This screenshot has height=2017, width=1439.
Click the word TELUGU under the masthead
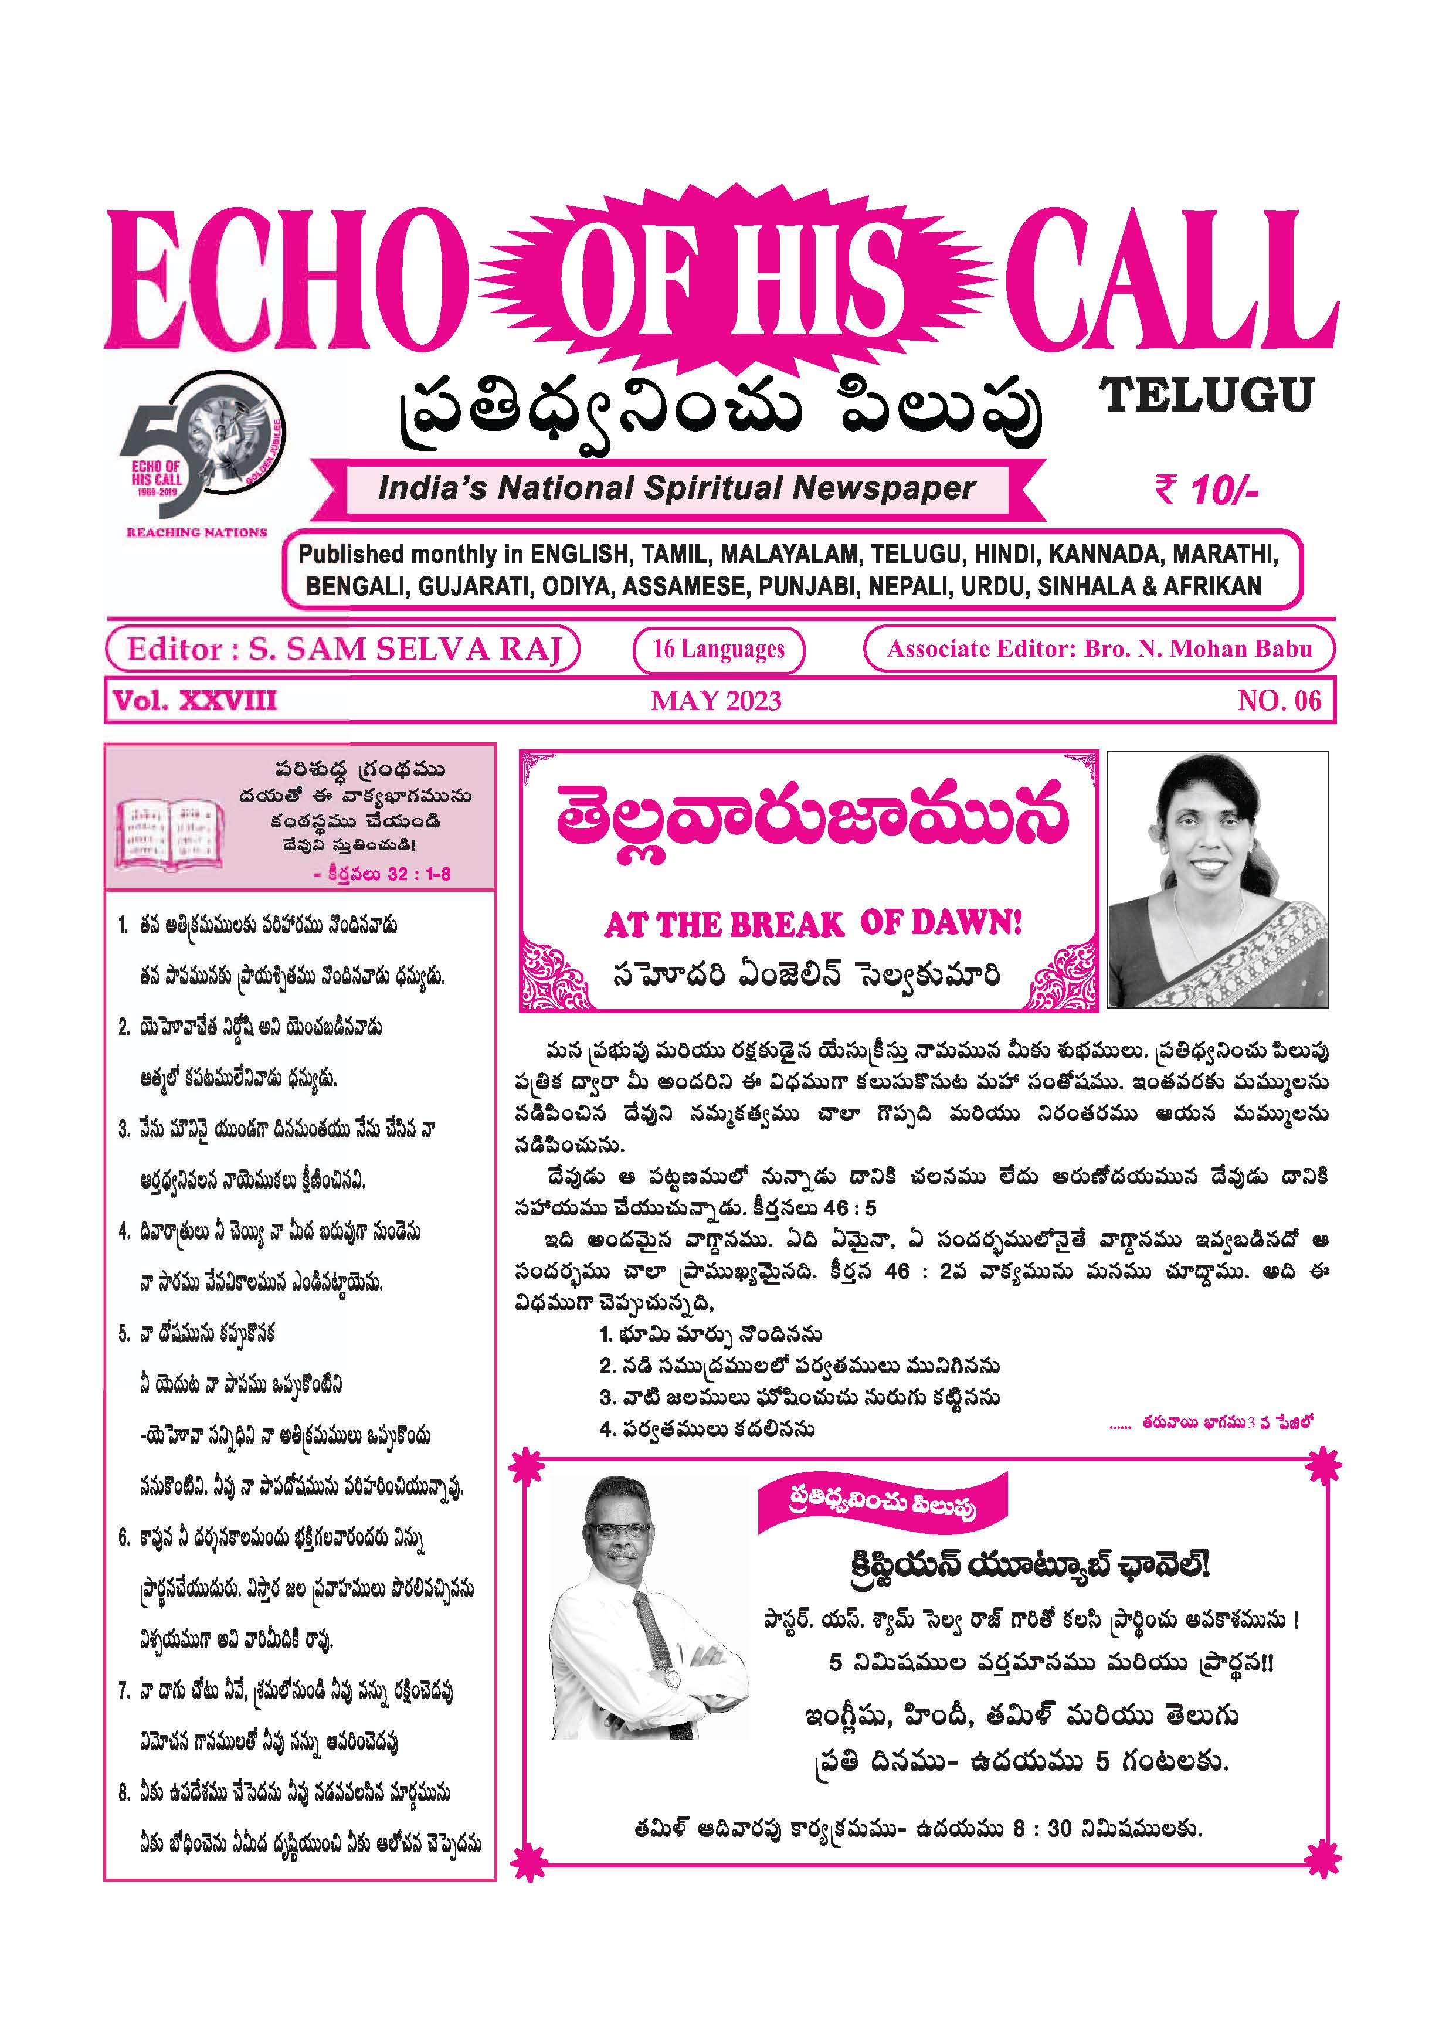[1206, 396]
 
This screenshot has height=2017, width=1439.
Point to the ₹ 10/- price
[1206, 490]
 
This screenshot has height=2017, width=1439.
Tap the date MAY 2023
[716, 702]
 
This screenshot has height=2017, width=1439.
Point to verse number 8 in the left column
[124, 1794]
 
